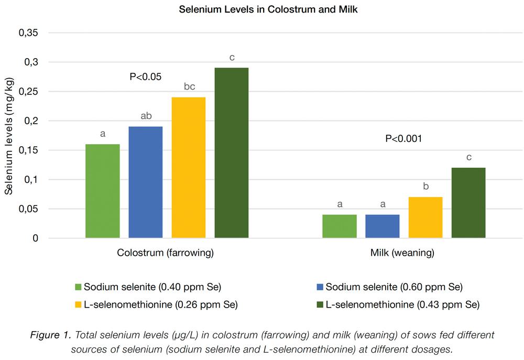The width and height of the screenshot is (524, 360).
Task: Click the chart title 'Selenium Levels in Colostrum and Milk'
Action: point(261,9)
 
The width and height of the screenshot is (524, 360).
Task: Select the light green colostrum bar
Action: point(102,191)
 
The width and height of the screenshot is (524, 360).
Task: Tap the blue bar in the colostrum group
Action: point(145,182)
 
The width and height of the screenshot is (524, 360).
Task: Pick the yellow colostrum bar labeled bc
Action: point(189,168)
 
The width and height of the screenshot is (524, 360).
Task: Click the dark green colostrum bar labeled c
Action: point(232,153)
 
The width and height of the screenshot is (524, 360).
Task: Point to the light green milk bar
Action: point(340,226)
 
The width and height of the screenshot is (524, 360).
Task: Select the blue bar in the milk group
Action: point(383,226)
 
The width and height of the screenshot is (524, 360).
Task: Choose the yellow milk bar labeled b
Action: point(425,217)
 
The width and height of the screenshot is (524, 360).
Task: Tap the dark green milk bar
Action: point(468,203)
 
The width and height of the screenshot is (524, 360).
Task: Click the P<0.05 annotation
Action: point(146,77)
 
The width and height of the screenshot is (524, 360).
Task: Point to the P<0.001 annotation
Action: point(403,139)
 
